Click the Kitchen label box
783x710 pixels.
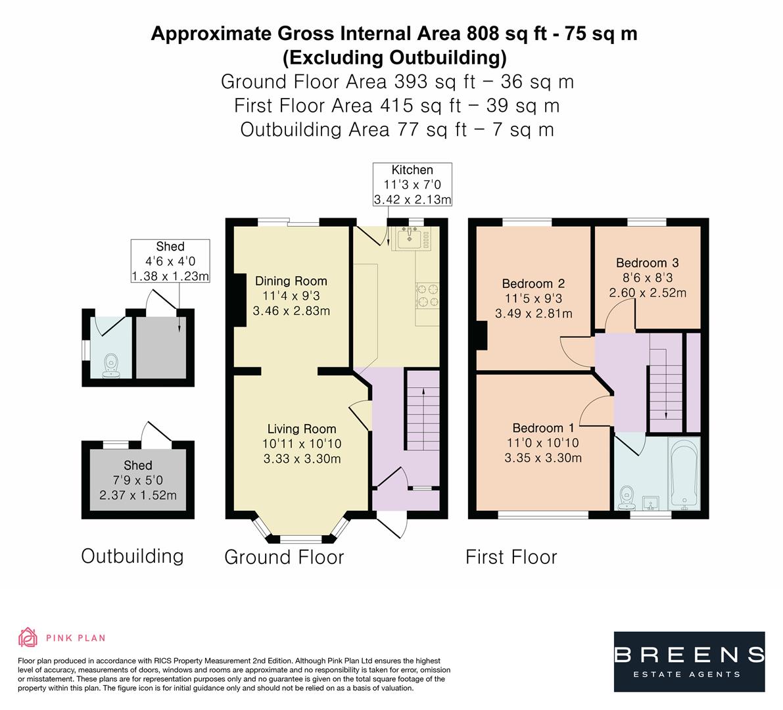click(x=412, y=185)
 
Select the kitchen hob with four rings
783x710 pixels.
click(x=427, y=295)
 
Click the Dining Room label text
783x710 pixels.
click(x=291, y=281)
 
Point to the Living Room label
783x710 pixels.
click(x=302, y=429)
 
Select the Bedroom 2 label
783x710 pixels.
click(x=533, y=284)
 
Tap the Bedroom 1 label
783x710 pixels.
click(x=542, y=428)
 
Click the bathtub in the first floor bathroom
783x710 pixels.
click(x=684, y=473)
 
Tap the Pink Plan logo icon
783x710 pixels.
click(x=28, y=637)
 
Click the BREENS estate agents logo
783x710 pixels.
click(x=689, y=661)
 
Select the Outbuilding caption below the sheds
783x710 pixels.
click(x=132, y=556)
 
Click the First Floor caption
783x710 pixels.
click(x=511, y=557)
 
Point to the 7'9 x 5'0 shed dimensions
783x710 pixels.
click(x=138, y=481)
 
